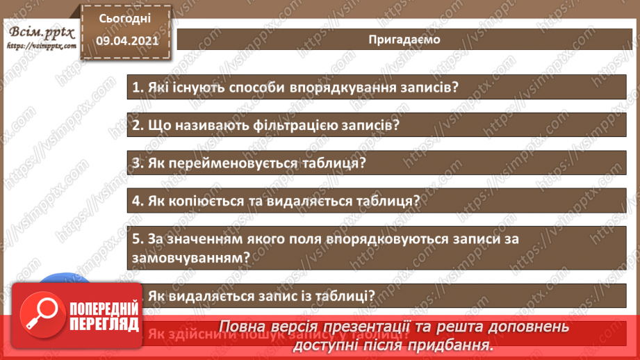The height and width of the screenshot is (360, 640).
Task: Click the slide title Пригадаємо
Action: click(404, 39)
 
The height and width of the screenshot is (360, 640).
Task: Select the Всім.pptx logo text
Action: click(41, 33)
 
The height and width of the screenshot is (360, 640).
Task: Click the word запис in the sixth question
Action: click(261, 294)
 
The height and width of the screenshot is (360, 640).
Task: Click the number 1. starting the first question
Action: click(136, 88)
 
